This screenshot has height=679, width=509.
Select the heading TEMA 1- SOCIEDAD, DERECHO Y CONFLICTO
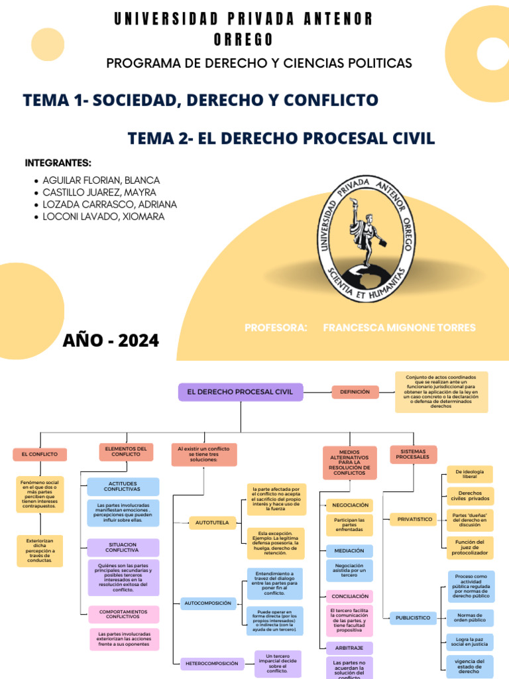point(200,100)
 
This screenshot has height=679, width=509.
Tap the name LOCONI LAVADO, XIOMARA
point(103,217)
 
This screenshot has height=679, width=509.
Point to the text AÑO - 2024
point(111,341)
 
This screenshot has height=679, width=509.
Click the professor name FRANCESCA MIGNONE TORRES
point(399,328)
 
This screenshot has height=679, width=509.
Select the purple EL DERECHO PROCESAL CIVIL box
point(240,392)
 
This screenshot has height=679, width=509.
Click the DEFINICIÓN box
point(355,392)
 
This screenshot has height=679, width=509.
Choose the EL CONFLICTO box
point(40,454)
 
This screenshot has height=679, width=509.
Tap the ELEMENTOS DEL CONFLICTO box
point(126,451)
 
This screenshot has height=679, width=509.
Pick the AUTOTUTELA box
point(212,523)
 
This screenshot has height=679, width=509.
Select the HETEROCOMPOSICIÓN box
point(213,662)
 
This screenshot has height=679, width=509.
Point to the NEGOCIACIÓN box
point(349,505)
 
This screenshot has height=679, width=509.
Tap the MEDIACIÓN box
point(349,550)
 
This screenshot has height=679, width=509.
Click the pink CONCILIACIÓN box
point(349,596)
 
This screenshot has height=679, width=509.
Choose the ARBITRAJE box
point(349,648)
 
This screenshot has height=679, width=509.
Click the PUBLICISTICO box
point(413,617)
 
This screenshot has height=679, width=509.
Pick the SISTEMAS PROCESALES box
point(413,454)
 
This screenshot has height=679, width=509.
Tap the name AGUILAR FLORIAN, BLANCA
point(101,180)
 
